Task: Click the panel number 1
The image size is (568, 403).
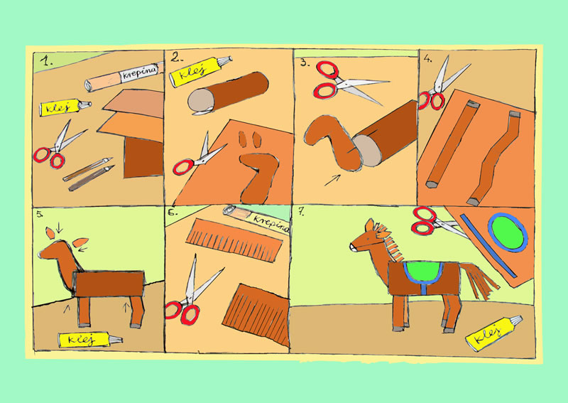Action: tap(45, 61)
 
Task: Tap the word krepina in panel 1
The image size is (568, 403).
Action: tap(139, 73)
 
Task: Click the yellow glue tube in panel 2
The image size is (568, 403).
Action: tap(200, 71)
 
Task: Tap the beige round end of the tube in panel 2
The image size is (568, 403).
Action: tap(200, 101)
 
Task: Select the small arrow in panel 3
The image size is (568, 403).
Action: tap(332, 181)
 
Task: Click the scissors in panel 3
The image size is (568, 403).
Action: tap(346, 82)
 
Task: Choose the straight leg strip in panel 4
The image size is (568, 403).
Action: tap(452, 144)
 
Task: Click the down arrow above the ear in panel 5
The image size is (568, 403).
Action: tap(60, 227)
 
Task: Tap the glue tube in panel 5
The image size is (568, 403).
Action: tap(90, 339)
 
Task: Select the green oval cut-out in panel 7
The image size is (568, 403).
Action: tap(508, 232)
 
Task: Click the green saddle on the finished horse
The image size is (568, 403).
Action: tap(423, 272)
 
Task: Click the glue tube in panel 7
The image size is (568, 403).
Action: tap(493, 333)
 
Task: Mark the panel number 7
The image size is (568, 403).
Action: tap(301, 213)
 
